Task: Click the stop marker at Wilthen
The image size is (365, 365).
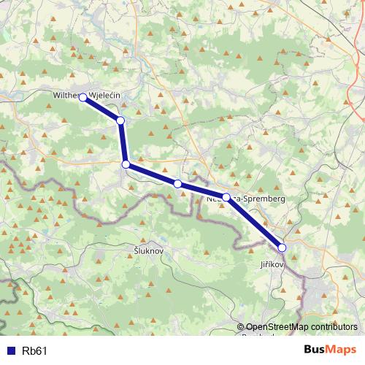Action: [x=83, y=97]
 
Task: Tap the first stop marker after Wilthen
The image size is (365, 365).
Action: [x=120, y=120]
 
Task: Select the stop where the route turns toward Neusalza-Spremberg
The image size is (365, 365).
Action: [x=126, y=165]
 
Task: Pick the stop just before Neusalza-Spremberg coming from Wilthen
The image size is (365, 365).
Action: [x=177, y=183]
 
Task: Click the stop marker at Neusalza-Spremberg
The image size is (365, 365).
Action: [x=226, y=197]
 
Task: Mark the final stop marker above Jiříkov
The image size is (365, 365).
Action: [x=283, y=247]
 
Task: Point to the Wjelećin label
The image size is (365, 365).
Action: [x=106, y=96]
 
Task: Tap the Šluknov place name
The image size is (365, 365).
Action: [x=150, y=250]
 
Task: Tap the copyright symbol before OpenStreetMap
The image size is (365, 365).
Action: [x=240, y=328]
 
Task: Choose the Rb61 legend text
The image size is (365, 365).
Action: [x=35, y=351]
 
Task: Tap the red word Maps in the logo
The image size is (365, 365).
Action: [x=343, y=350]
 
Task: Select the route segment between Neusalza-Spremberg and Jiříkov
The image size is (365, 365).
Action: [x=255, y=223]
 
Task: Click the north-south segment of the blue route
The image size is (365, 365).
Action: [x=123, y=142]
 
